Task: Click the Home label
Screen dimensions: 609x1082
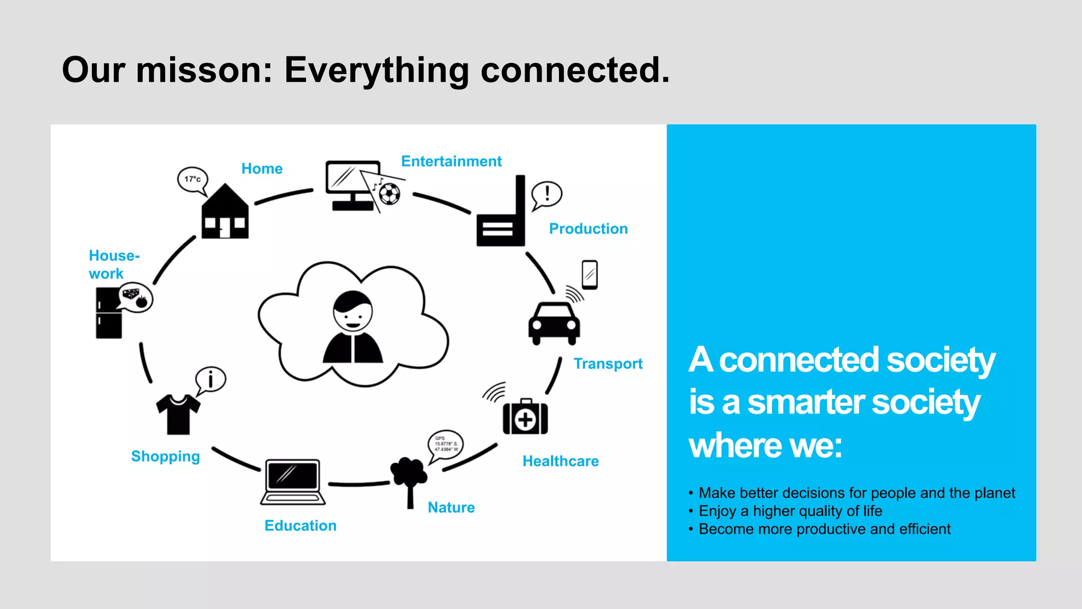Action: point(262,169)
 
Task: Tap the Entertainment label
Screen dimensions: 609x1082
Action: point(451,161)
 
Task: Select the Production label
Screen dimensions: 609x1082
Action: point(588,229)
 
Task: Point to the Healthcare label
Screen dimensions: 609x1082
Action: point(561,461)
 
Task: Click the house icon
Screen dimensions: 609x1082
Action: point(225,213)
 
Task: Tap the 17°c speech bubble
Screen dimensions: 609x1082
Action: point(192,179)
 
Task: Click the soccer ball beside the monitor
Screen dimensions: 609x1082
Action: point(390,194)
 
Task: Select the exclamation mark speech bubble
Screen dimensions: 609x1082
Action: point(547,193)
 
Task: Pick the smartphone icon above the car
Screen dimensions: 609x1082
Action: point(590,274)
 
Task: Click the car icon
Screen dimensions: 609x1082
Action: point(554,323)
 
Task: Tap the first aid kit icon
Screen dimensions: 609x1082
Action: point(525,417)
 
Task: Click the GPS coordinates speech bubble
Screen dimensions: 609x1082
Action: point(445,444)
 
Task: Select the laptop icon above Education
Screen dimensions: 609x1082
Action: point(293,482)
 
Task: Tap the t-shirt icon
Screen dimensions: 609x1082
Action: point(178,414)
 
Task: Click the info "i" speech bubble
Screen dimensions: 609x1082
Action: point(211,380)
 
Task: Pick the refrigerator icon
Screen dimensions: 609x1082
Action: point(109,313)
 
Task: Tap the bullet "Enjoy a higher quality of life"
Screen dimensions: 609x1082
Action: point(790,511)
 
